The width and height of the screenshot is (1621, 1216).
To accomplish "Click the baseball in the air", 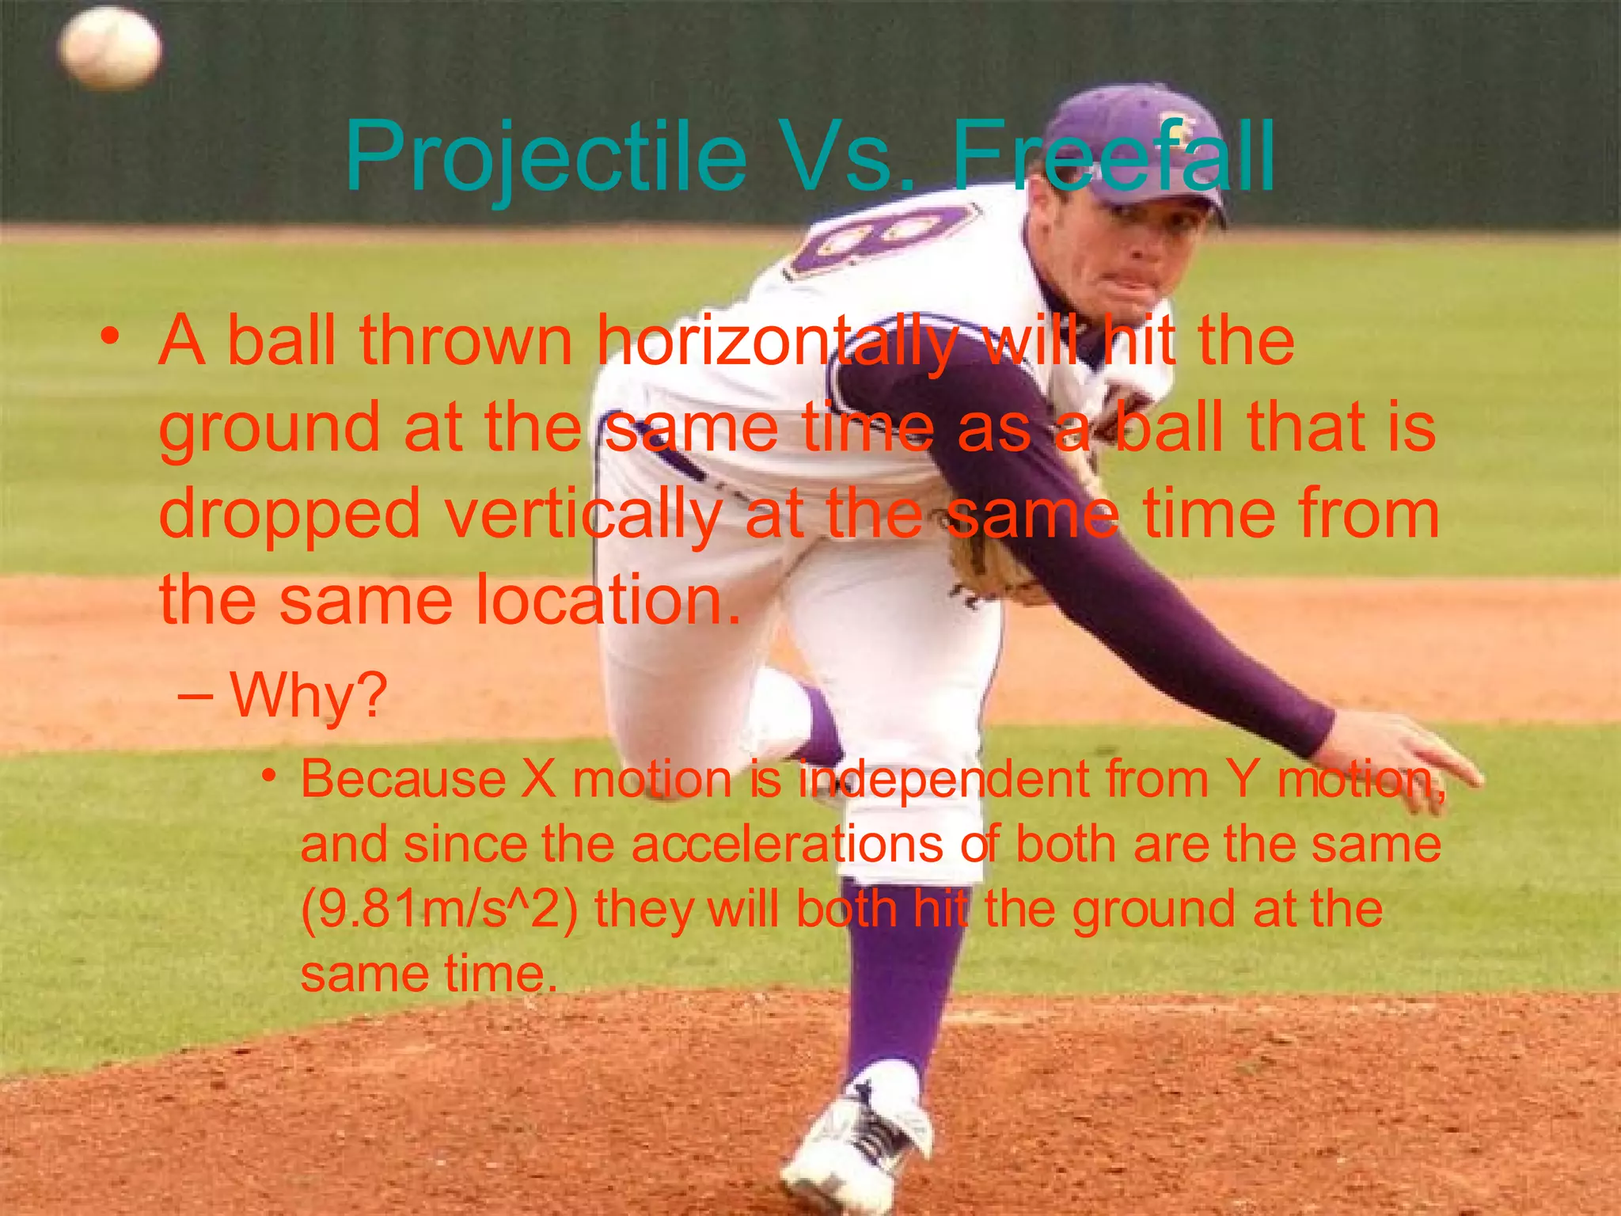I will click(110, 48).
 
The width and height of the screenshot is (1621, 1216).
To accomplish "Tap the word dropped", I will click(290, 515).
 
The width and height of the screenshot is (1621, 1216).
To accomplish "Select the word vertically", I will click(583, 515).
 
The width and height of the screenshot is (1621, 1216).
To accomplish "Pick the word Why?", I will click(309, 695).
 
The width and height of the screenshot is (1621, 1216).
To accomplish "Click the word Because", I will click(403, 779).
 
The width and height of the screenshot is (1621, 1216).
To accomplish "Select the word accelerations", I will click(787, 844).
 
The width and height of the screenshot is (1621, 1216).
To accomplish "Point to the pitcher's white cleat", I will click(855, 1140).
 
